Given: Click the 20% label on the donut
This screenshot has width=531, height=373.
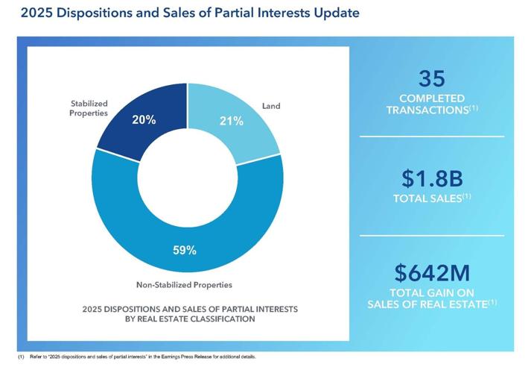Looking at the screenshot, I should [x=144, y=119].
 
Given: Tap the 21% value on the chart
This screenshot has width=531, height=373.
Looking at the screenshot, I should [x=231, y=121].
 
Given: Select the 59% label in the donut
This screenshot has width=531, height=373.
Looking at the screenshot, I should [x=185, y=251].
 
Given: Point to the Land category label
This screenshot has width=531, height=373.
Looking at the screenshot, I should [x=271, y=106].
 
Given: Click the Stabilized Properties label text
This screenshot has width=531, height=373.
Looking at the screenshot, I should [x=89, y=108].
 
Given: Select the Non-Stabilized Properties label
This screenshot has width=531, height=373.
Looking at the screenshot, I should [x=184, y=284].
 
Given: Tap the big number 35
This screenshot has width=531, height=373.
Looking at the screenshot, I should [x=432, y=78].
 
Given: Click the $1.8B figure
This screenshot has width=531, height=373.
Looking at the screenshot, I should [x=432, y=178].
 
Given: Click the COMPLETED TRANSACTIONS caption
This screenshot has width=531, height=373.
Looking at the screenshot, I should [x=432, y=104].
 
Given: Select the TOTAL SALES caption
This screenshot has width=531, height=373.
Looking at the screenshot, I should [x=432, y=198].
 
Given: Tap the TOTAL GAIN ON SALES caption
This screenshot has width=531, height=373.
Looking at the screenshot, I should [x=432, y=298].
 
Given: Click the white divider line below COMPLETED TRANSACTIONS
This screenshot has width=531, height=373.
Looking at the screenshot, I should [x=432, y=137].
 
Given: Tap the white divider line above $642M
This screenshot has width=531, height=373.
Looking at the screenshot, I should [x=432, y=235].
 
